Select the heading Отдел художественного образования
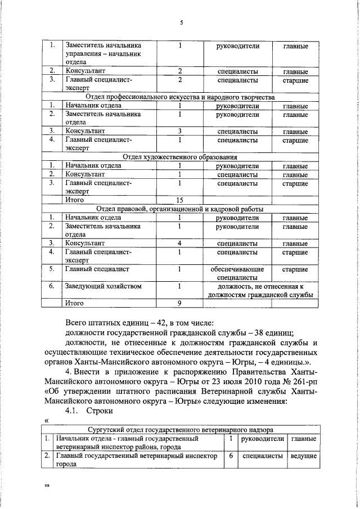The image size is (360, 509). (179, 157)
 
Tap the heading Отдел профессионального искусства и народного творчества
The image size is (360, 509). (179, 97)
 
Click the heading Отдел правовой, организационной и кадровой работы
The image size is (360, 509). (179, 209)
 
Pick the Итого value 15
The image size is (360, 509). (180, 200)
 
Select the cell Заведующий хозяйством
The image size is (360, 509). (102, 286)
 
